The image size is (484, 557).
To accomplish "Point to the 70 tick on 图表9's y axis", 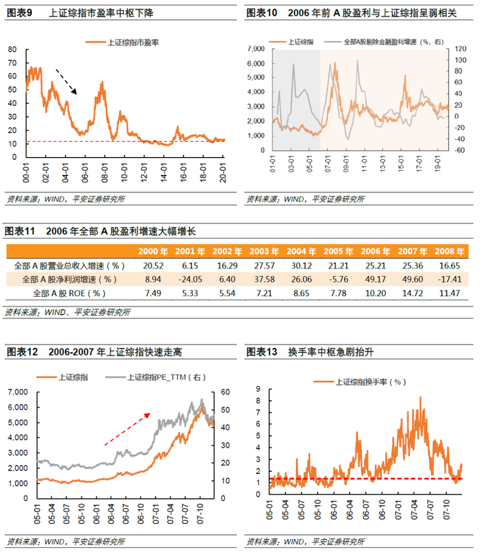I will (x=13, y=49).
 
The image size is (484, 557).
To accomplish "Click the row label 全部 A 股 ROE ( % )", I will (x=70, y=294).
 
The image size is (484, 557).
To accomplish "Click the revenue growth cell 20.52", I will (x=150, y=265).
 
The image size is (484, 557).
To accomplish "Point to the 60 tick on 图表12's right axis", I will (x=225, y=392).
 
